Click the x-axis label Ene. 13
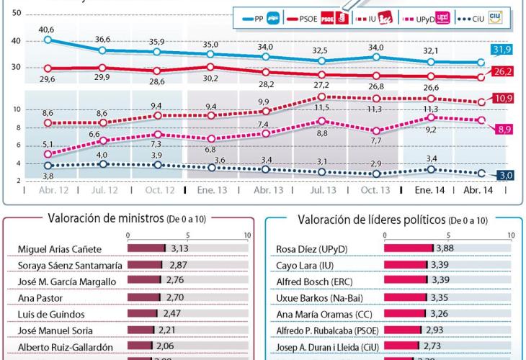click(x=213, y=191)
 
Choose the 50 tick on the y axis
click(x=17, y=14)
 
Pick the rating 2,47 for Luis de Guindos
click(x=168, y=315)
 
